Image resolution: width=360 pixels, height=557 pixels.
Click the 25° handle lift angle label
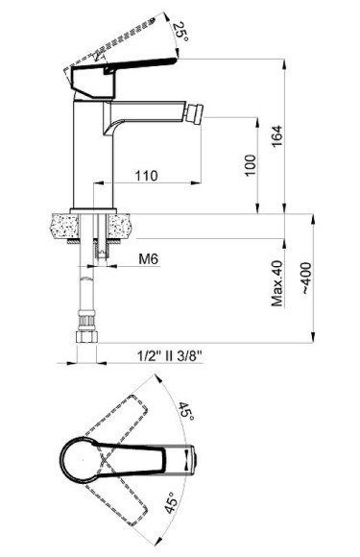click(180, 32)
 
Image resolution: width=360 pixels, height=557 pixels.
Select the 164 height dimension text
click(276, 135)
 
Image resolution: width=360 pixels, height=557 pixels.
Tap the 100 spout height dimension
click(250, 165)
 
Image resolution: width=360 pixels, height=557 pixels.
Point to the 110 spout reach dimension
click(146, 176)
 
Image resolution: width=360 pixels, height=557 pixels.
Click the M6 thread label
click(149, 259)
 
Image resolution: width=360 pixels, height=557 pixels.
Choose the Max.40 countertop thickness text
click(277, 283)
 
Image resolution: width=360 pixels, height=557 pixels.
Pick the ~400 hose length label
click(306, 278)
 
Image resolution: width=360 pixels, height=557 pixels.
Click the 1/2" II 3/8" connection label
click(169, 355)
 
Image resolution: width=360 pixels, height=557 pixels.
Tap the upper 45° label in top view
click(186, 412)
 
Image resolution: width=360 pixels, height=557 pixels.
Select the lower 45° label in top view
click(171, 502)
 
